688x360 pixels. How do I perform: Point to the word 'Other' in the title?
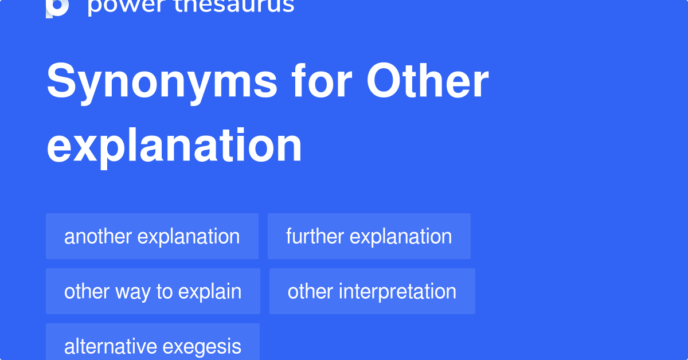428,83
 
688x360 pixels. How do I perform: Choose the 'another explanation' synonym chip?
152,236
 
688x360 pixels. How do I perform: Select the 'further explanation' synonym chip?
369,236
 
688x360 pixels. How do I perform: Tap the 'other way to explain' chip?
153,291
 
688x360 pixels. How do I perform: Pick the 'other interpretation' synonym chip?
372,291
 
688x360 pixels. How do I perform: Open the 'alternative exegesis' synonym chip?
153,346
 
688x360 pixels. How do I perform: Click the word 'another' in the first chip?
98,236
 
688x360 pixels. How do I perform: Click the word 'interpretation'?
397,291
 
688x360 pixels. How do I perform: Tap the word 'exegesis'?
202,347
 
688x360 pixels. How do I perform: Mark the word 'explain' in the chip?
210,292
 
